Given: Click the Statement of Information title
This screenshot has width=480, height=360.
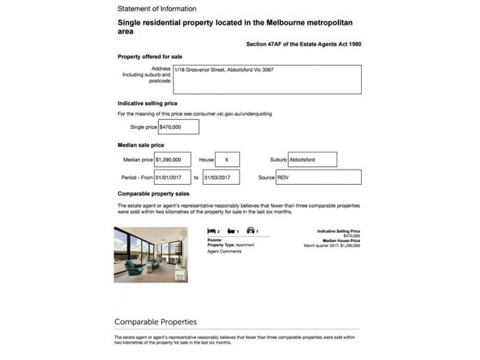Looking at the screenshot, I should tap(157, 9).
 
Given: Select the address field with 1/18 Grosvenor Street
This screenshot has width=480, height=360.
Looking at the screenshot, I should tap(267, 80).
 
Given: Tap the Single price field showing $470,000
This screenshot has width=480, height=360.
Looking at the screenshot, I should tap(178, 127).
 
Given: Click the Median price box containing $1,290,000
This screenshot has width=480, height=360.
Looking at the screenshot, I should tap(173, 160).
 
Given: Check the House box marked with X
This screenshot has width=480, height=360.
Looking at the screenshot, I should tap(227, 160).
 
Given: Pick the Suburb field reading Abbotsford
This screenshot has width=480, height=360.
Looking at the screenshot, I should tap(312, 160).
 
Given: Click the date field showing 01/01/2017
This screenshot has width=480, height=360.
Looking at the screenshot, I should tap(173, 178).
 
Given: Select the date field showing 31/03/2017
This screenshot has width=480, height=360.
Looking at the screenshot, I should tap(221, 178).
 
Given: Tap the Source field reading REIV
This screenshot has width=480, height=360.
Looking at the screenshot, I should tap(318, 178).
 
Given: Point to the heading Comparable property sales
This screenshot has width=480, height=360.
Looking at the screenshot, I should tap(154, 194).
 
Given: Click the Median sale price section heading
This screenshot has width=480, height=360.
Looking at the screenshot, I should tap(141, 145).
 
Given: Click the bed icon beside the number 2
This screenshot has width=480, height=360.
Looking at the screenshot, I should tap(211, 231).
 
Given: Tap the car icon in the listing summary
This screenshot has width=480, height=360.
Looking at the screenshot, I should tap(251, 231).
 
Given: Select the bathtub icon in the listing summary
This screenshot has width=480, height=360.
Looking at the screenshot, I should tap(231, 231).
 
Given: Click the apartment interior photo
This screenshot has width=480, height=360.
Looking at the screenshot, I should tap(151, 254).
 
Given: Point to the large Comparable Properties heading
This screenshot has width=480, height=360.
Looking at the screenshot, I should tap(155, 322).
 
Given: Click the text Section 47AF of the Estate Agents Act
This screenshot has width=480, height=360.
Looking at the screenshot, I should tap(304, 44).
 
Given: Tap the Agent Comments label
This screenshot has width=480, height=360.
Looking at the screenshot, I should tap(224, 251).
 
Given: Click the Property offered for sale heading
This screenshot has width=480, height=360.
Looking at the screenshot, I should tap(150, 57).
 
